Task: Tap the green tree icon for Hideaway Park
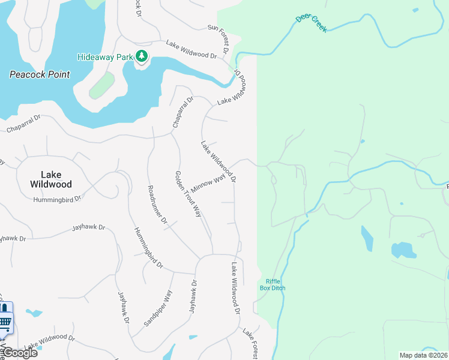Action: point(142,56)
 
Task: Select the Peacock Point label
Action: point(40,75)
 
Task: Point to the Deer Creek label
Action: point(312,23)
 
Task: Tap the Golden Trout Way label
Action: point(187,193)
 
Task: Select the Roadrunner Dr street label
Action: point(157,205)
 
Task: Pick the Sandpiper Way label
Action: point(158,308)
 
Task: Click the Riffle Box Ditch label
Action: point(273,285)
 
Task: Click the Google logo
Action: point(19,353)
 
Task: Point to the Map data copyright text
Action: point(423,355)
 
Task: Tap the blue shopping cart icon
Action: point(5,323)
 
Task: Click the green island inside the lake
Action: point(101,85)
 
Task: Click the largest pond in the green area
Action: point(403,250)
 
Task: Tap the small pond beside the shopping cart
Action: point(34,313)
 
